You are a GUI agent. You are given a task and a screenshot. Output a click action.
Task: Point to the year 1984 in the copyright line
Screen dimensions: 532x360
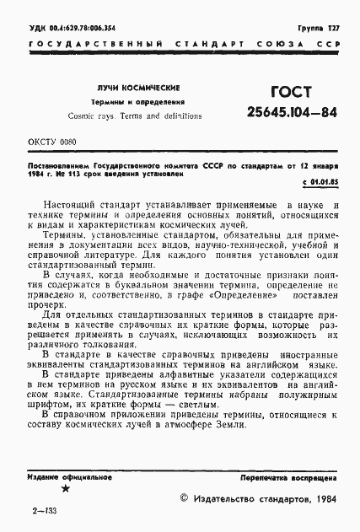point(324,499)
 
